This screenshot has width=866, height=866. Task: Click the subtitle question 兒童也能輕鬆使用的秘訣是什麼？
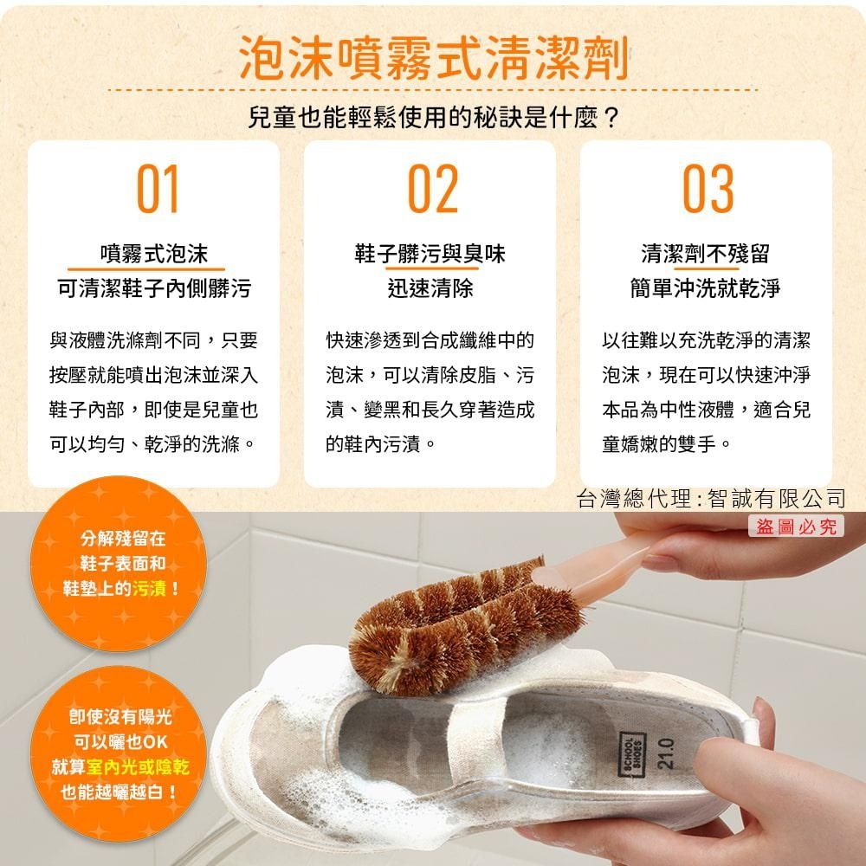(433, 117)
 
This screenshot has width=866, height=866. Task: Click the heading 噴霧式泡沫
(154, 254)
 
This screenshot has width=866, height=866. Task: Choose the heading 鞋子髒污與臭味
(430, 254)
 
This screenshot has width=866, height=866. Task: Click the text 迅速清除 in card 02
(430, 288)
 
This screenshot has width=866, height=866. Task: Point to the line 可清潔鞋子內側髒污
(154, 288)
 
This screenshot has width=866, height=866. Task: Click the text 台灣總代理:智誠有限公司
(710, 498)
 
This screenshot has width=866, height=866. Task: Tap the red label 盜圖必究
(796, 526)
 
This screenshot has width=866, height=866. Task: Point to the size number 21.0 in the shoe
(665, 751)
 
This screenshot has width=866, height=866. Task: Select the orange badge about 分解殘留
(121, 564)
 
